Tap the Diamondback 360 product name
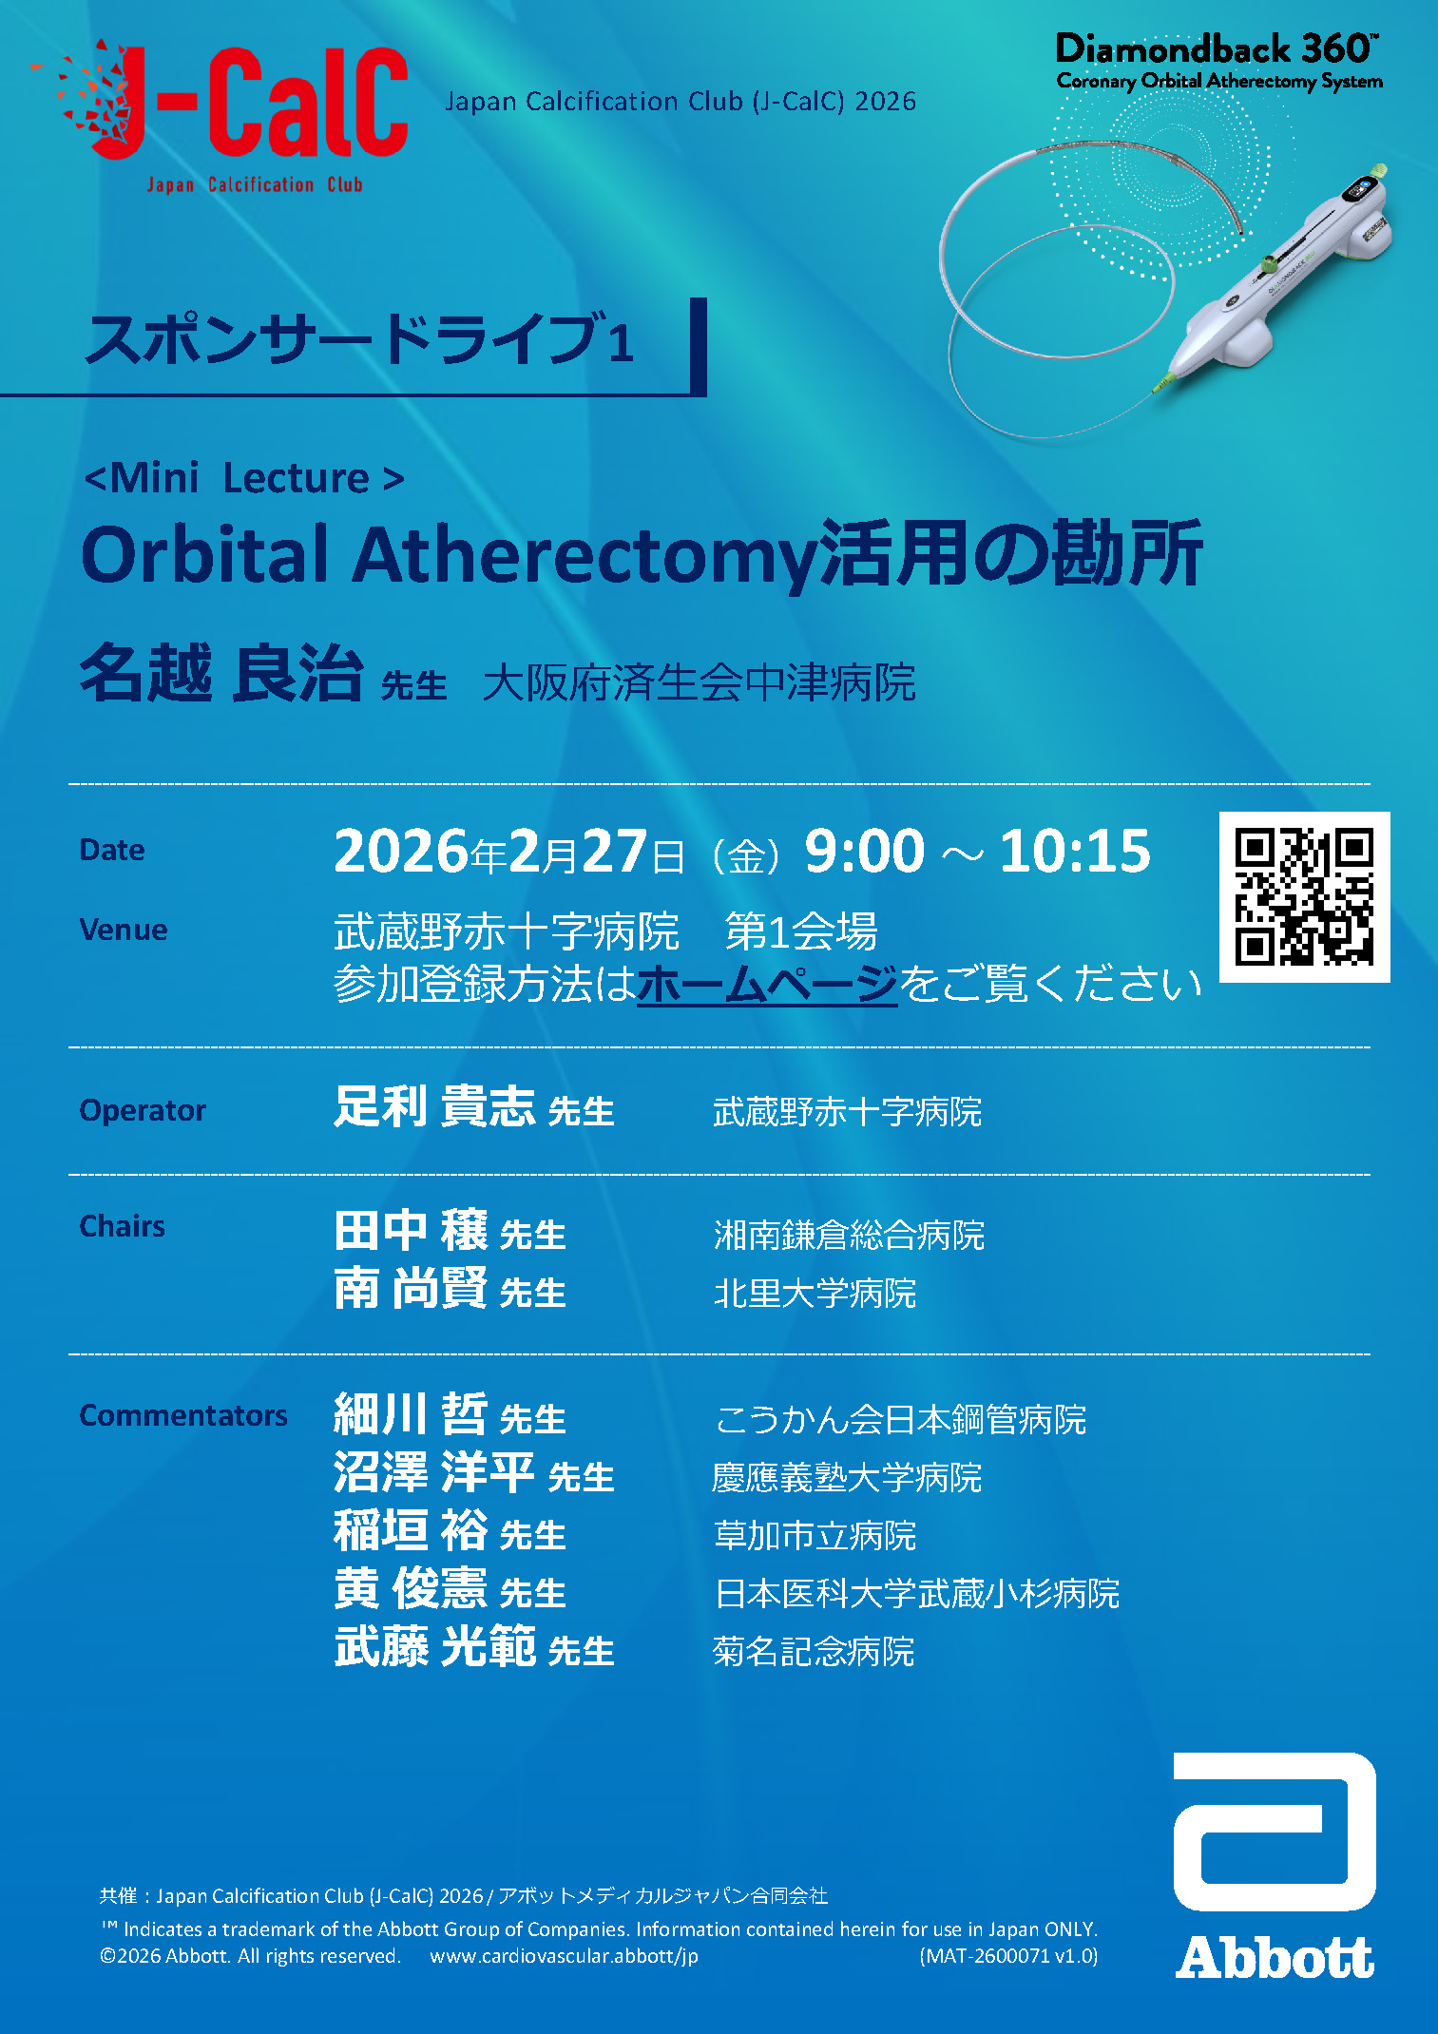pos(1217,48)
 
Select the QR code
pos(1304,896)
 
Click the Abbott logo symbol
pos(1275,1832)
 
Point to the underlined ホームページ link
pos(767,984)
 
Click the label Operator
pos(143,1110)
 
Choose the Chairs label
pos(122,1226)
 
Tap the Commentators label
pos(182,1415)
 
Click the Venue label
pos(124,930)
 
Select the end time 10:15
pos(1075,851)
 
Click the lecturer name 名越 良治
pos(221,673)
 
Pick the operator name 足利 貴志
pos(434,1107)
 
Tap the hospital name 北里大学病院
pos(815,1294)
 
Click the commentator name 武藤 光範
pos(434,1647)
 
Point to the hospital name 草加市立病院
pos(815,1536)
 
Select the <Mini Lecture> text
pos(244,478)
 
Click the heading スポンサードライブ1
pos(359,340)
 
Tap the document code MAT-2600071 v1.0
pos(1008,1956)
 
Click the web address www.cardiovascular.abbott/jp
pos(564,1956)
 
